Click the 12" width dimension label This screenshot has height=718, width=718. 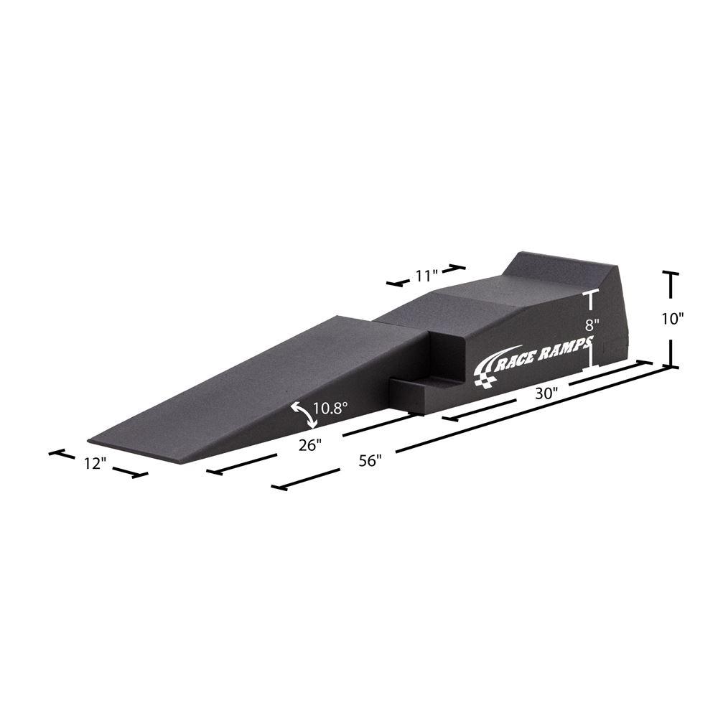[x=94, y=464]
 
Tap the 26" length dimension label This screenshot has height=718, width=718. [x=309, y=445]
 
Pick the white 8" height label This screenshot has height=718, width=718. [x=592, y=324]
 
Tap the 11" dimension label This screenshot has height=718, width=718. [x=426, y=276]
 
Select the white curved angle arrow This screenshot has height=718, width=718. [x=302, y=414]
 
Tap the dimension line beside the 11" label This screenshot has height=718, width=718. [x=452, y=269]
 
